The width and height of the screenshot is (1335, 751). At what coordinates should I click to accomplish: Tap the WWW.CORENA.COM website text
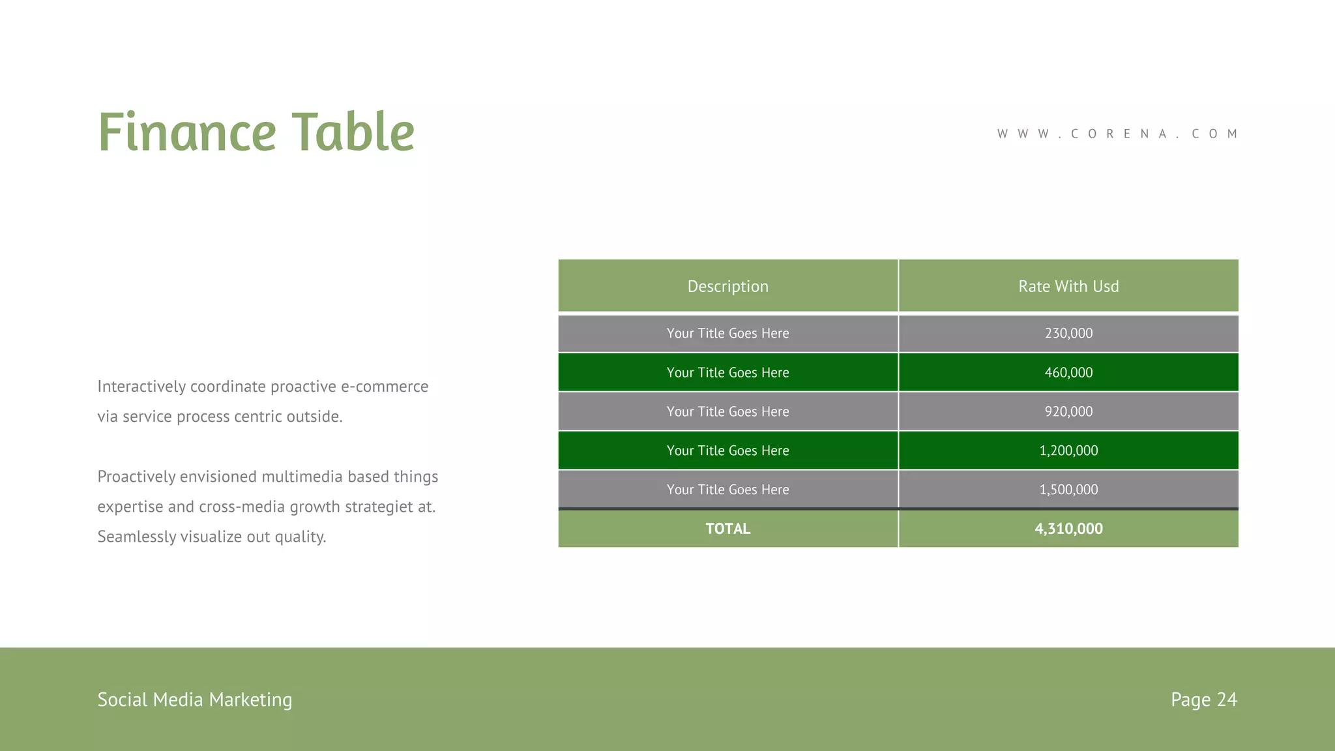tap(1117, 134)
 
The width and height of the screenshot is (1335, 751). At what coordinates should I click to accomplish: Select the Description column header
tap(727, 286)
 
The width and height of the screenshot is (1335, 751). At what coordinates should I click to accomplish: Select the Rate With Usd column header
tap(1068, 286)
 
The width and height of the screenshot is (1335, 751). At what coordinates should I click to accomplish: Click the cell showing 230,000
tap(1068, 333)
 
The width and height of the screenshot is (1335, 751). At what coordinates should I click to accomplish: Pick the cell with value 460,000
tap(1068, 372)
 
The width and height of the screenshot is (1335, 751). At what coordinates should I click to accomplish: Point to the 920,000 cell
tap(1068, 411)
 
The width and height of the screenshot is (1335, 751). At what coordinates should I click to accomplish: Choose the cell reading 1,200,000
tap(1068, 450)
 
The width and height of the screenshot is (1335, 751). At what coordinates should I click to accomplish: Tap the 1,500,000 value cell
tap(1068, 490)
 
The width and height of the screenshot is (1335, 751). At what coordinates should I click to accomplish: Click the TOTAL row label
tap(727, 529)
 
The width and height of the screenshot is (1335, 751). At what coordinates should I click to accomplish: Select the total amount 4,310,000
tap(1068, 529)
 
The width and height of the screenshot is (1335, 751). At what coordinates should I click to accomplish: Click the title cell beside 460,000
tap(727, 372)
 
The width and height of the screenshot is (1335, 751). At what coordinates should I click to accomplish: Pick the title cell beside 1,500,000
tap(727, 490)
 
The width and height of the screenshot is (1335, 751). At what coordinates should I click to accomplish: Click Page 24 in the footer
tap(1203, 699)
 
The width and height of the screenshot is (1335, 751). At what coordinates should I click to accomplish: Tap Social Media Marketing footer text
tap(194, 699)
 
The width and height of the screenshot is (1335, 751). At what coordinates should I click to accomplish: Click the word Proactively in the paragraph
tap(136, 477)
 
